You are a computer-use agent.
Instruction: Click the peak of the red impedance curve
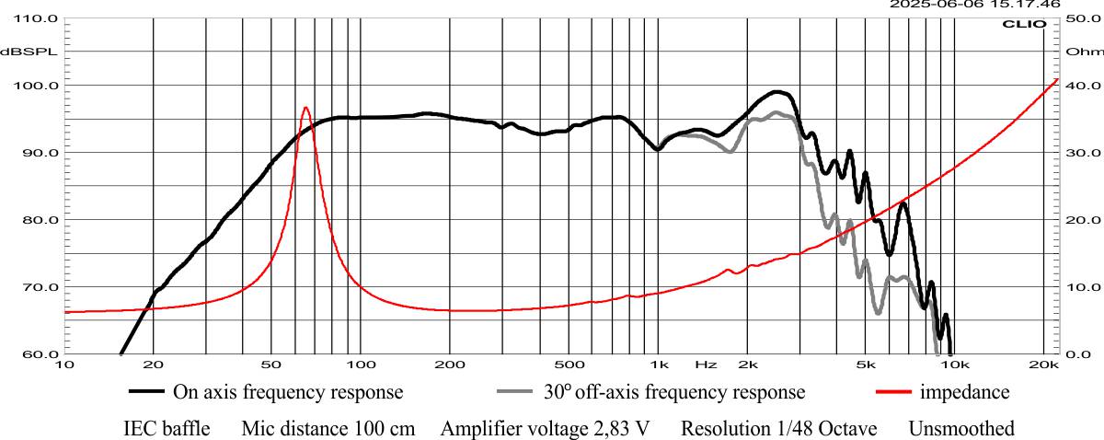click(x=305, y=108)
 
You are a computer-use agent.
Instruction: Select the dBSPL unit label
click(x=29, y=52)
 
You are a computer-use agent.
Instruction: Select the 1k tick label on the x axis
click(x=658, y=365)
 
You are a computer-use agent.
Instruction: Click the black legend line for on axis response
click(x=146, y=392)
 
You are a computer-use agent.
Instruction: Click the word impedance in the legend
click(x=963, y=392)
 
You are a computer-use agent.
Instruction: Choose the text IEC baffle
click(x=167, y=429)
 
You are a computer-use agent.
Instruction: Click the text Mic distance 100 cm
click(x=328, y=429)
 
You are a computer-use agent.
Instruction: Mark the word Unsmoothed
click(x=961, y=429)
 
